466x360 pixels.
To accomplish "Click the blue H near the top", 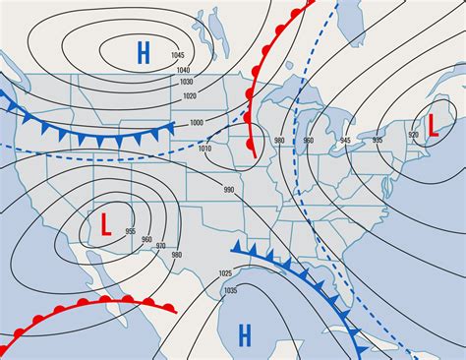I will coord(144,53).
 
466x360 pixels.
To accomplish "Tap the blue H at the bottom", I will coord(245,335).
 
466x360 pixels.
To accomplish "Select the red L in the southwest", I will coord(104,223).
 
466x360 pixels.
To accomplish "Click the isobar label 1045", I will coord(177,54).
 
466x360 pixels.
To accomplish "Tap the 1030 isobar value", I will coord(188,82).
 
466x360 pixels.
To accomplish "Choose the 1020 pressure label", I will coord(190,95).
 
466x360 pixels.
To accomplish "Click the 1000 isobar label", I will coord(197,122).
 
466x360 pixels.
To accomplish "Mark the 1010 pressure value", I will coord(204,148).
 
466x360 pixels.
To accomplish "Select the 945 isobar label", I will coord(343,141).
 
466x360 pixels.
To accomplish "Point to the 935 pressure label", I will coord(377,141).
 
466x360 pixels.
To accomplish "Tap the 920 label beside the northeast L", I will coord(412,133).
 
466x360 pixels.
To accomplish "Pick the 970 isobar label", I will coord(160,245).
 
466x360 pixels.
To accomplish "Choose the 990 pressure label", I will coord(228,189).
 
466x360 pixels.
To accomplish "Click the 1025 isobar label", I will coord(225,272).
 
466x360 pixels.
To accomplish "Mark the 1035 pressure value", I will coord(232,291).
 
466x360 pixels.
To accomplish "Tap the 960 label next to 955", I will coord(146,239).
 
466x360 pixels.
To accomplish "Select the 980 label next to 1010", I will coord(280,141).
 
